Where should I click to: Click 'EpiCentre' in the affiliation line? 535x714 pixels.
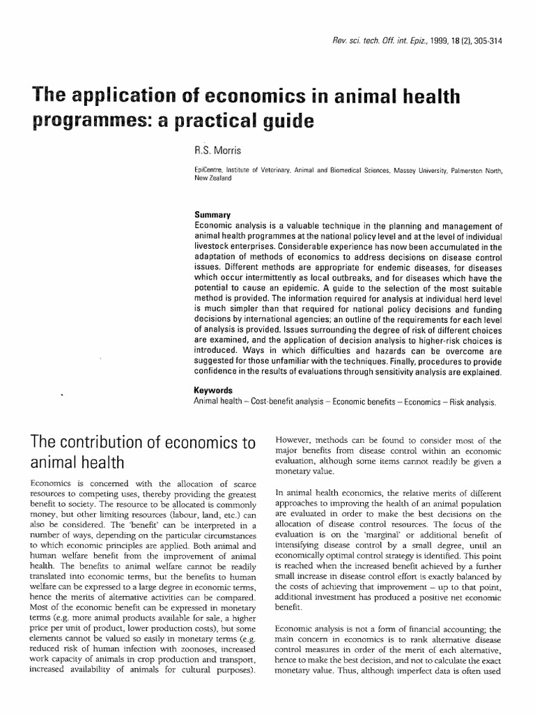[x=210, y=169]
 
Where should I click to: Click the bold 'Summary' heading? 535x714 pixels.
[x=212, y=215]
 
